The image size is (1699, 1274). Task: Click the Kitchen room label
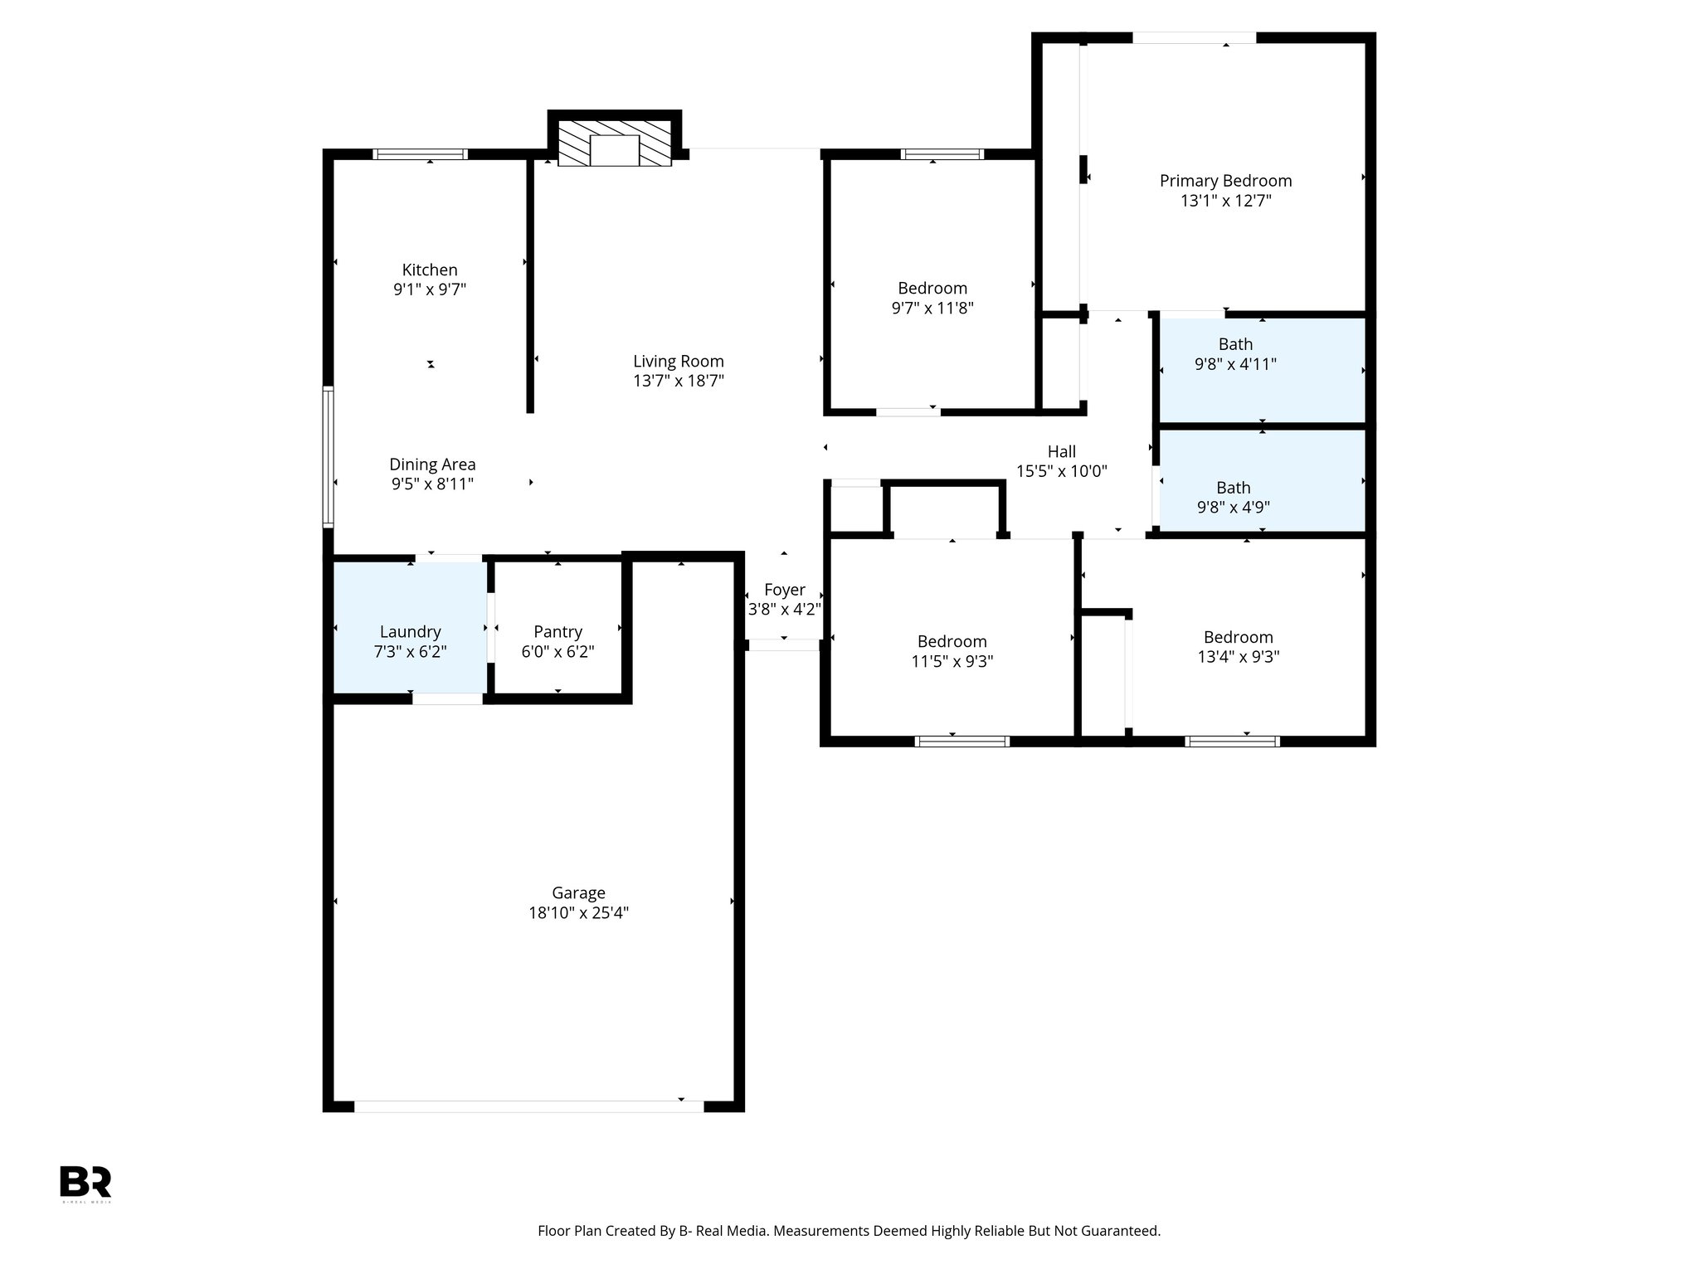429,270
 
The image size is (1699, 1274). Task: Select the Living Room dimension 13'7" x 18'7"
678,381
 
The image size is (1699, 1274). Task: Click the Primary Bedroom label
1225,181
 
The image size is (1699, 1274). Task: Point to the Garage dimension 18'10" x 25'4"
578,913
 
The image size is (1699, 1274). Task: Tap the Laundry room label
410,632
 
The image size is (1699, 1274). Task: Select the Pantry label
557,632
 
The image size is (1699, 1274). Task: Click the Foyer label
784,590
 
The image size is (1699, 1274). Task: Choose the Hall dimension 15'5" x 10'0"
1061,472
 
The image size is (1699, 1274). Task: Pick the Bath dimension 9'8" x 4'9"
1234,508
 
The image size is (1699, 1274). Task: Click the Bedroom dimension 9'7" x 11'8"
932,309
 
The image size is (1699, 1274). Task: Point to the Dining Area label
432,464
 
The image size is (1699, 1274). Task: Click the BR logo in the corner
85,1182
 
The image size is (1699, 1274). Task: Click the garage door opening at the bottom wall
528,1106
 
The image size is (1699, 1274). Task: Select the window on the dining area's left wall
329,457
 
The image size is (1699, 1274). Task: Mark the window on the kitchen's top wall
420,154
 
